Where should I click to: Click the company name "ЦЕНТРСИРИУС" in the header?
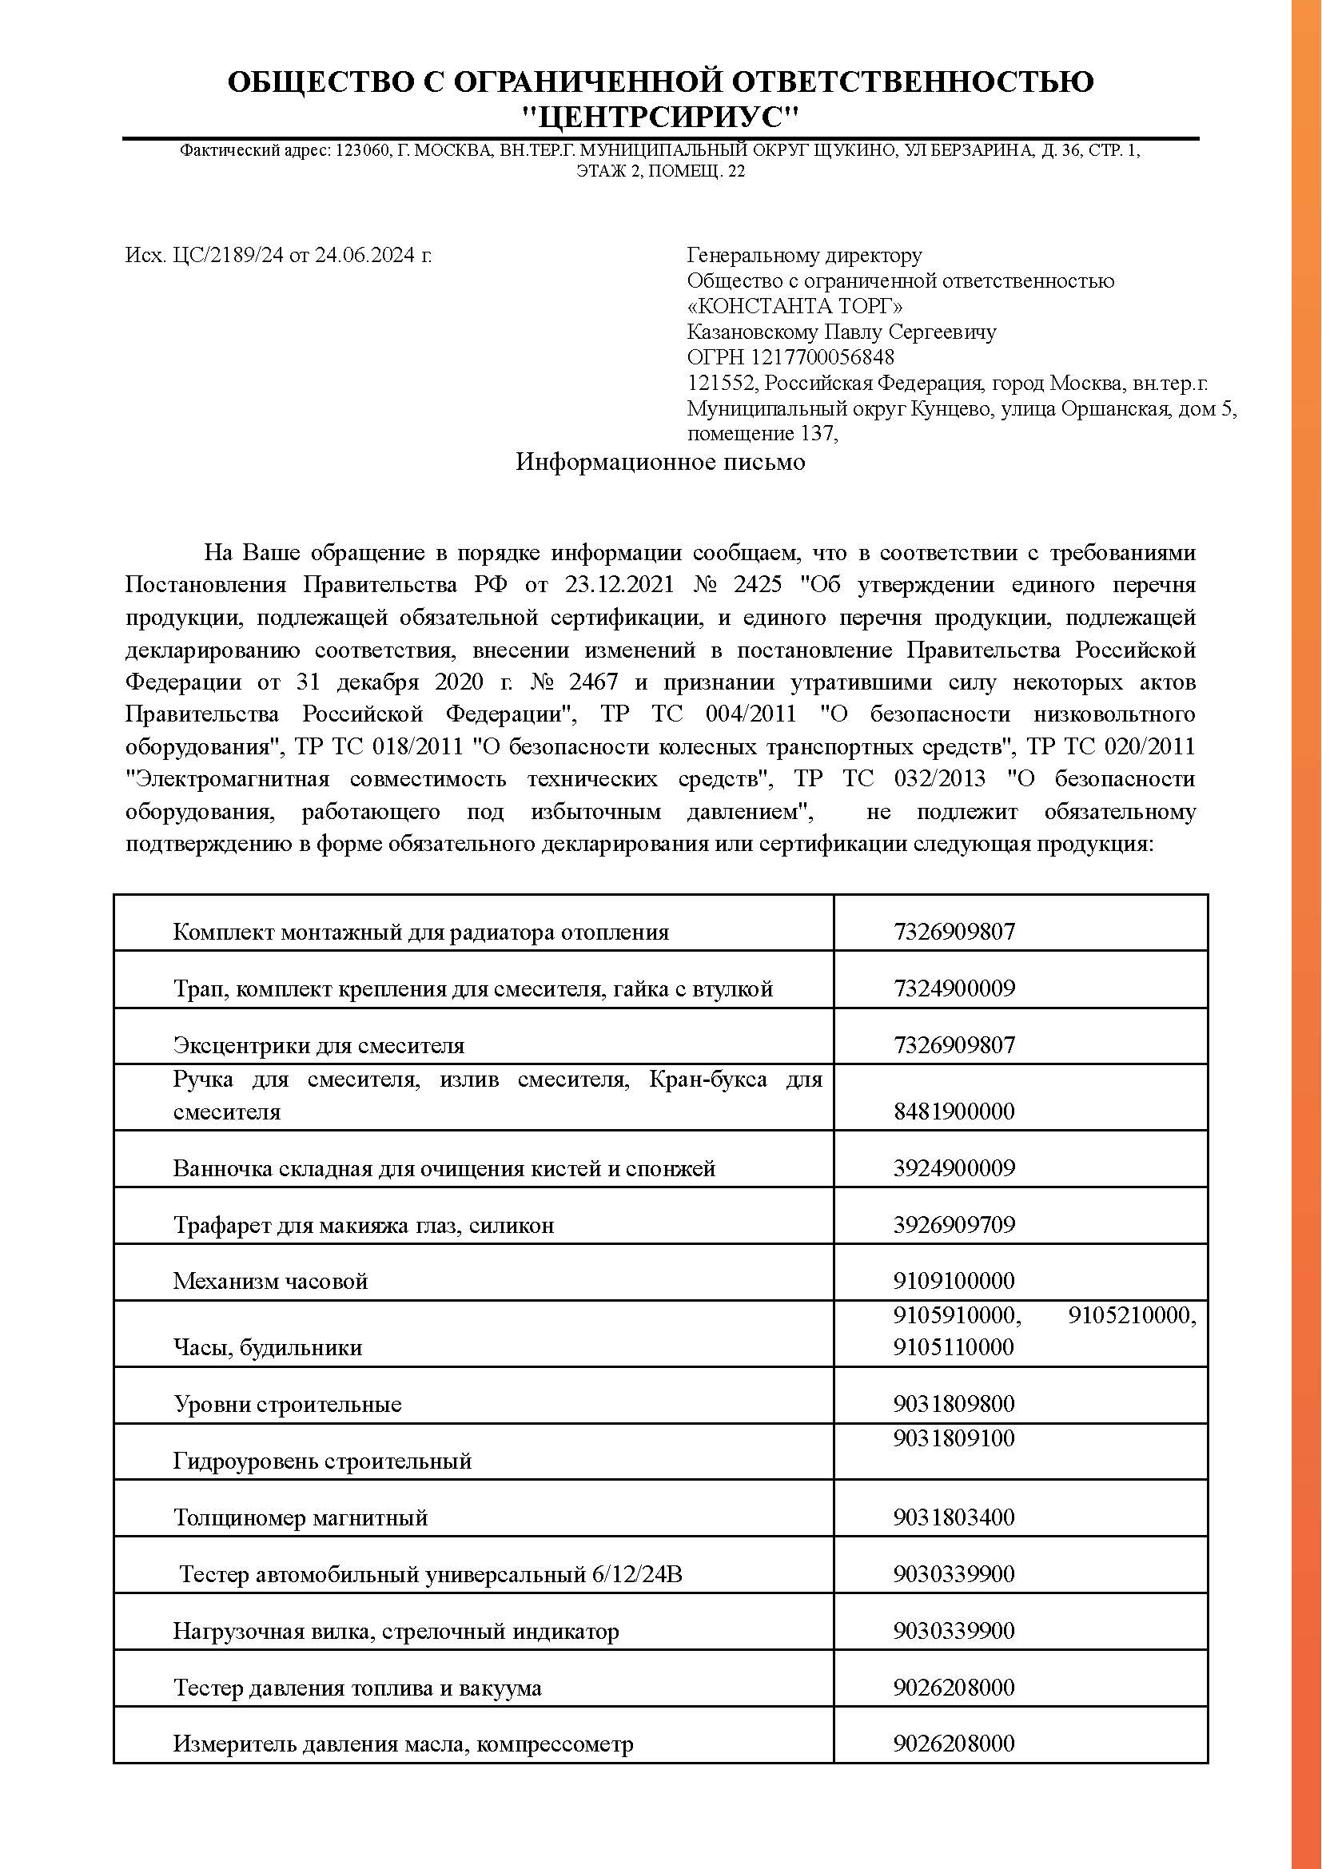click(x=660, y=119)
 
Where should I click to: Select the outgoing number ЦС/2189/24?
click(x=228, y=256)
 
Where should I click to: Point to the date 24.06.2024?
click(x=365, y=256)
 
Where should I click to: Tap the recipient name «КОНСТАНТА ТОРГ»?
click(x=794, y=306)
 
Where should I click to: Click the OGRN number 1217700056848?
click(x=822, y=357)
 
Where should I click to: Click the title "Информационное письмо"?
click(x=660, y=463)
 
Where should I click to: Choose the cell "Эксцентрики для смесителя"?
click(x=318, y=1045)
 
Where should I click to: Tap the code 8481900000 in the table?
click(x=954, y=1111)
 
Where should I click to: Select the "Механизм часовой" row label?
click(x=270, y=1281)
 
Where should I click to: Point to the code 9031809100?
click(x=954, y=1438)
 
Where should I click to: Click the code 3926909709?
click(x=954, y=1225)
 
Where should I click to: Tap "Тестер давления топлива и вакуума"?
click(x=357, y=1688)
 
